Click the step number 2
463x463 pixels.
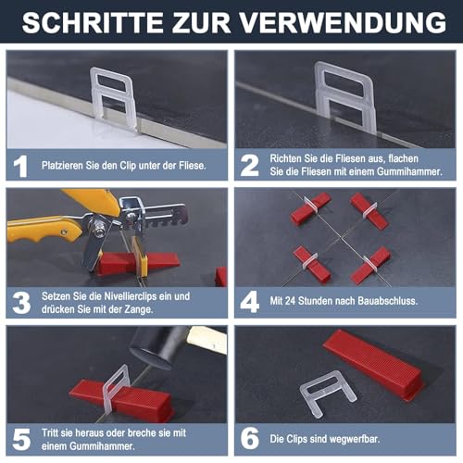coord(249,164)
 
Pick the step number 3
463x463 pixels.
coord(21,301)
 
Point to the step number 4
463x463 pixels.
coord(249,301)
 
